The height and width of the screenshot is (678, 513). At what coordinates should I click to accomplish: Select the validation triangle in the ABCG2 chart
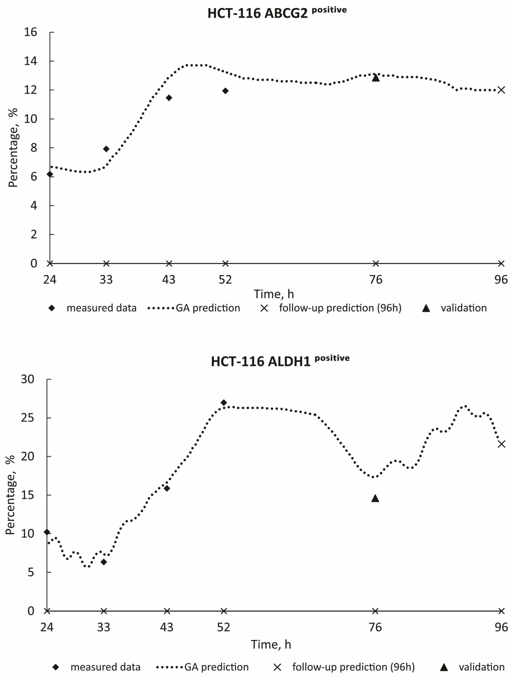[376, 78]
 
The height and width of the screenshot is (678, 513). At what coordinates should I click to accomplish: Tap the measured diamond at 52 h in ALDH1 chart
[224, 403]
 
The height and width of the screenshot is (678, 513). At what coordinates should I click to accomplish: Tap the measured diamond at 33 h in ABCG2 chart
[106, 149]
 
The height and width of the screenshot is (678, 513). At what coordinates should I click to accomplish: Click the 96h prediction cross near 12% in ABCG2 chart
[501, 90]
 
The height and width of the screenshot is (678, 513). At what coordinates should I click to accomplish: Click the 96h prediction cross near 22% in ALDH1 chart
[501, 444]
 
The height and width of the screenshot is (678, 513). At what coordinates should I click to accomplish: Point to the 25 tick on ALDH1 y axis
[27, 418]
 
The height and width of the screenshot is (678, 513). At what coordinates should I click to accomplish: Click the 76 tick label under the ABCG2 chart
[376, 280]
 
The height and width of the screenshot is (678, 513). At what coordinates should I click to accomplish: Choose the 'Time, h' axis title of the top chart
[274, 294]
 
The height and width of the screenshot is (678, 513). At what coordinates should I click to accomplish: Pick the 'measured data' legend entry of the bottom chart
[105, 667]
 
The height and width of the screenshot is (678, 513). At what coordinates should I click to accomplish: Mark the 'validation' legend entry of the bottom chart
[481, 667]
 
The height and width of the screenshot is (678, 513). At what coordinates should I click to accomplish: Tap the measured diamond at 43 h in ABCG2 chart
[168, 98]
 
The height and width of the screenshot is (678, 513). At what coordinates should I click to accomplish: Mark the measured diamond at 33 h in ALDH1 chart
[104, 562]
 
